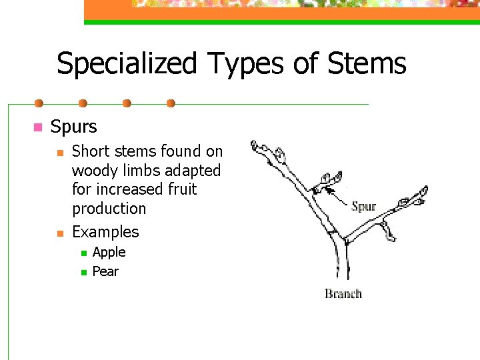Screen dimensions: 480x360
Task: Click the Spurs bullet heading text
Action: tap(73, 127)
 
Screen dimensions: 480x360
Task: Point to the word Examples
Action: tap(105, 232)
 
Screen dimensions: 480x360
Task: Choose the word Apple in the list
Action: tap(109, 252)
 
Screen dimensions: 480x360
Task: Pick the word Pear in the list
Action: tap(105, 271)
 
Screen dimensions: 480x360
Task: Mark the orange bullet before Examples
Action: tap(61, 233)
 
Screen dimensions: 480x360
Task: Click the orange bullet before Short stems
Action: tap(61, 153)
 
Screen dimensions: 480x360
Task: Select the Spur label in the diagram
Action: tap(363, 206)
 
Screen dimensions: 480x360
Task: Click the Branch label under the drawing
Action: tap(343, 293)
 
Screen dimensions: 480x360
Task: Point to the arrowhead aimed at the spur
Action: tap(326, 189)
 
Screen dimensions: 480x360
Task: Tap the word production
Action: tap(109, 209)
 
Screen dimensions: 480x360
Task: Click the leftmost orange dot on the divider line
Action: tap(39, 103)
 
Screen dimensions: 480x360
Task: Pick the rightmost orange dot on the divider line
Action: tap(171, 103)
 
